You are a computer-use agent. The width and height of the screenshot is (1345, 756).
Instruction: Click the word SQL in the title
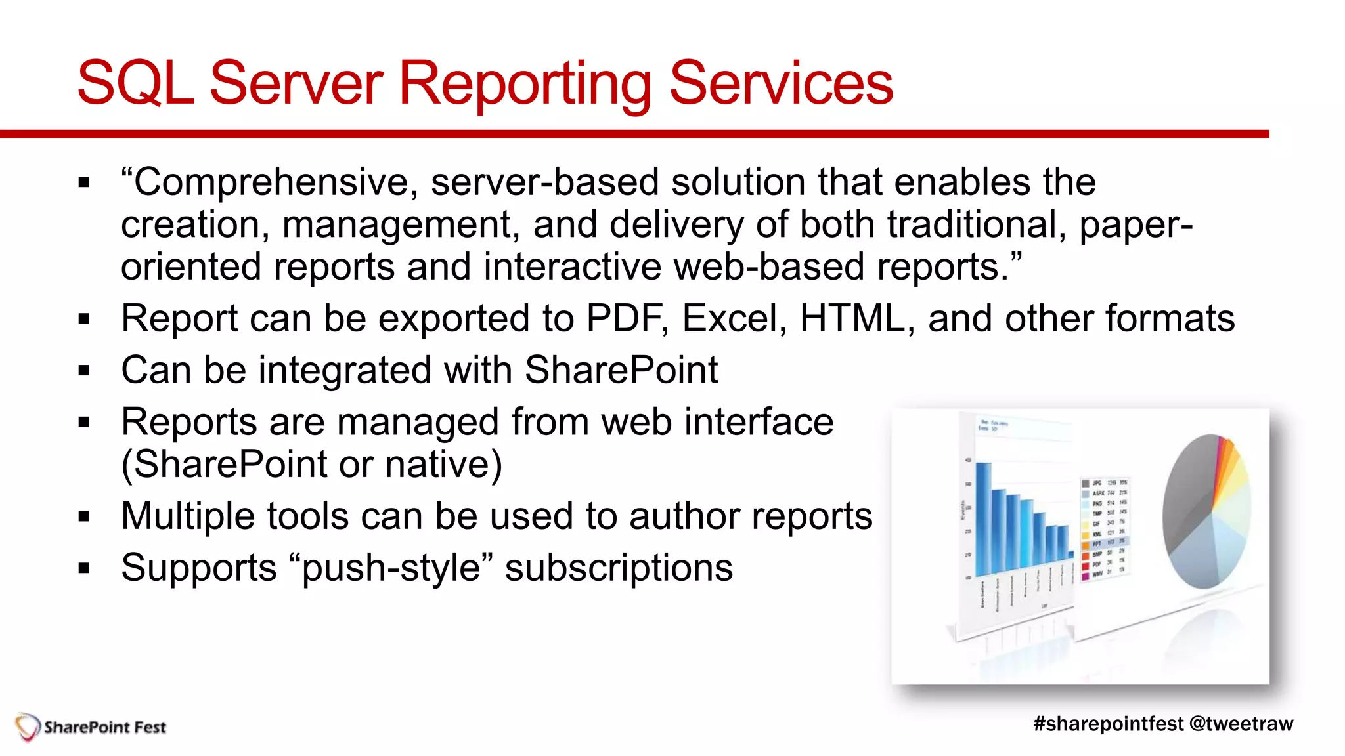135,84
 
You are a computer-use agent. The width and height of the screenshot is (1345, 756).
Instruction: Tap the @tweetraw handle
1241,724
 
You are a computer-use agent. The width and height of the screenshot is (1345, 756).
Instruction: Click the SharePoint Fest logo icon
28,727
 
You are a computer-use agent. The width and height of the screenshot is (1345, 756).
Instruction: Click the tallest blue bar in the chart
983,518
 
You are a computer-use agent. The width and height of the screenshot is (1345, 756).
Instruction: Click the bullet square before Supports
83,568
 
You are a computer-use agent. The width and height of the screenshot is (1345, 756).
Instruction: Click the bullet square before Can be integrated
83,371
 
